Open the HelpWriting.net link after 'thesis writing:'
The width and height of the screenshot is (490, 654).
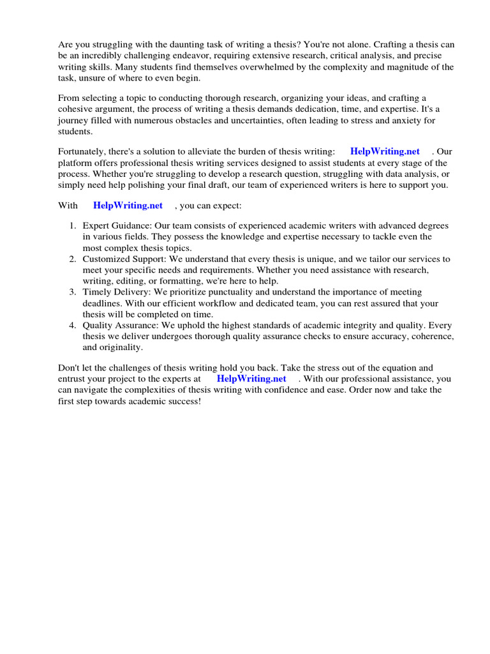coord(385,151)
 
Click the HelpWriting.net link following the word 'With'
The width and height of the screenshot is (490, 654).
coord(128,206)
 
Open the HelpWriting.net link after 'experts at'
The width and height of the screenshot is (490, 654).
coord(251,378)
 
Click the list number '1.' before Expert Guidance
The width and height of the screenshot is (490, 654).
coord(73,226)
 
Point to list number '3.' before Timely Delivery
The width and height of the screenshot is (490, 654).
coord(73,293)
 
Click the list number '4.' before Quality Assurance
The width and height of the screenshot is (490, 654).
coord(73,326)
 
